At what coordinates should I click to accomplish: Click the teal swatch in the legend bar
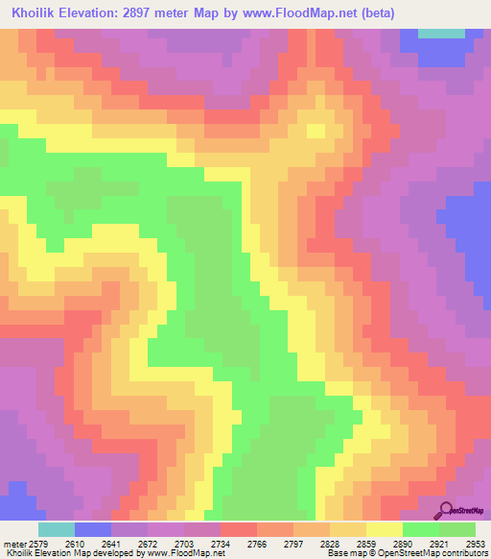click(57, 529)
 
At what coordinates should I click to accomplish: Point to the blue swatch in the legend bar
click(93, 529)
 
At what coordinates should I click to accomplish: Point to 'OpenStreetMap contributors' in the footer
click(443, 552)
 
